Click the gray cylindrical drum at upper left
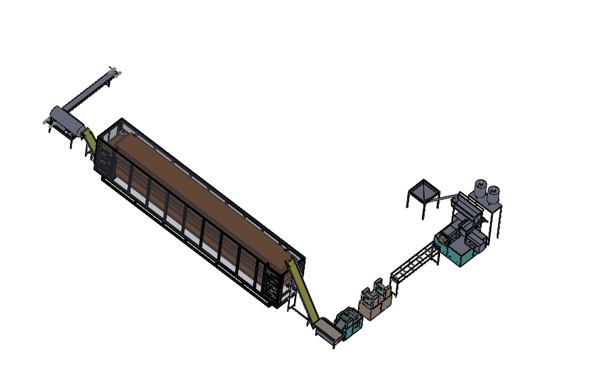tap(67, 120)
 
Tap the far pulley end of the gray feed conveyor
tap(115, 70)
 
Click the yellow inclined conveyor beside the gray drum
tap(90, 141)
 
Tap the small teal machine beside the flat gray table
tap(350, 321)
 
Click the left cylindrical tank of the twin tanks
tap(481, 188)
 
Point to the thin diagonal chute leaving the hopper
tap(444, 198)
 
